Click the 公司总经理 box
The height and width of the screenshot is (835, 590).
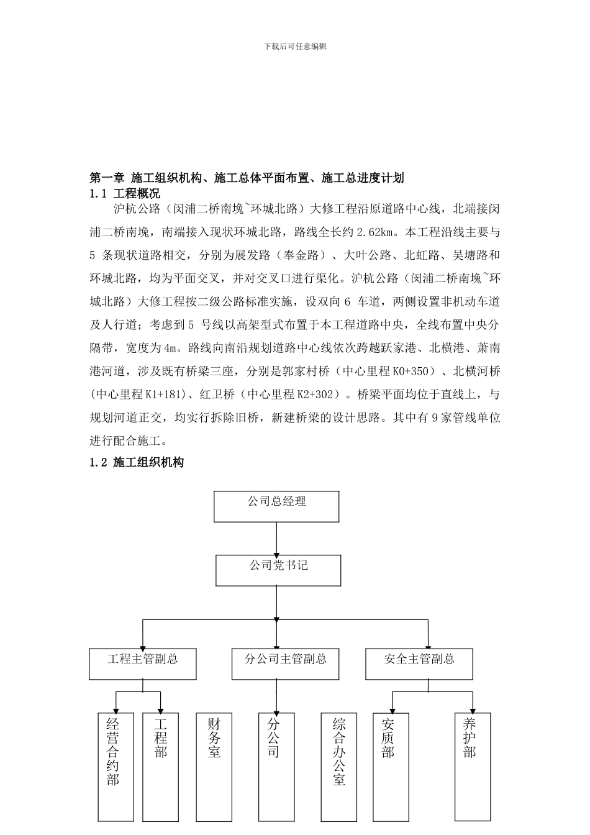[x=276, y=506]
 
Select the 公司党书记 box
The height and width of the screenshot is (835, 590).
[x=278, y=570]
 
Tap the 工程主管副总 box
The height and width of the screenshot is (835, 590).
[x=143, y=664]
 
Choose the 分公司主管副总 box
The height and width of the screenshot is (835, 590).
[x=286, y=664]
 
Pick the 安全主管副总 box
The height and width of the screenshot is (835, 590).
[x=419, y=664]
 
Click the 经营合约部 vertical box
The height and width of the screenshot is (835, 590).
[x=116, y=767]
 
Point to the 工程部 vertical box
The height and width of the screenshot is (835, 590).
[x=161, y=767]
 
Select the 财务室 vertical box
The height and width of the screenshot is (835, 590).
[x=214, y=767]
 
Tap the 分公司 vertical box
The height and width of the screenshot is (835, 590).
[x=276, y=767]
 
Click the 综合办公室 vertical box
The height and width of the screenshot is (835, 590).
[x=339, y=767]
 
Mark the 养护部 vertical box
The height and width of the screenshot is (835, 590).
[x=473, y=767]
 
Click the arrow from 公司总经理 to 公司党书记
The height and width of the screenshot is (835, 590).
[x=276, y=538]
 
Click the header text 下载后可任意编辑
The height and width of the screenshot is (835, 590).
[x=295, y=46]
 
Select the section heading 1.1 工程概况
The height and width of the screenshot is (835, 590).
[x=125, y=193]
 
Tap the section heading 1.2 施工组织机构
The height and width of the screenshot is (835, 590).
[x=137, y=462]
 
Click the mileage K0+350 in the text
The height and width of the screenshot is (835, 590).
[x=411, y=372]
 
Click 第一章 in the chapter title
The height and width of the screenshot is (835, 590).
[x=107, y=178]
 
